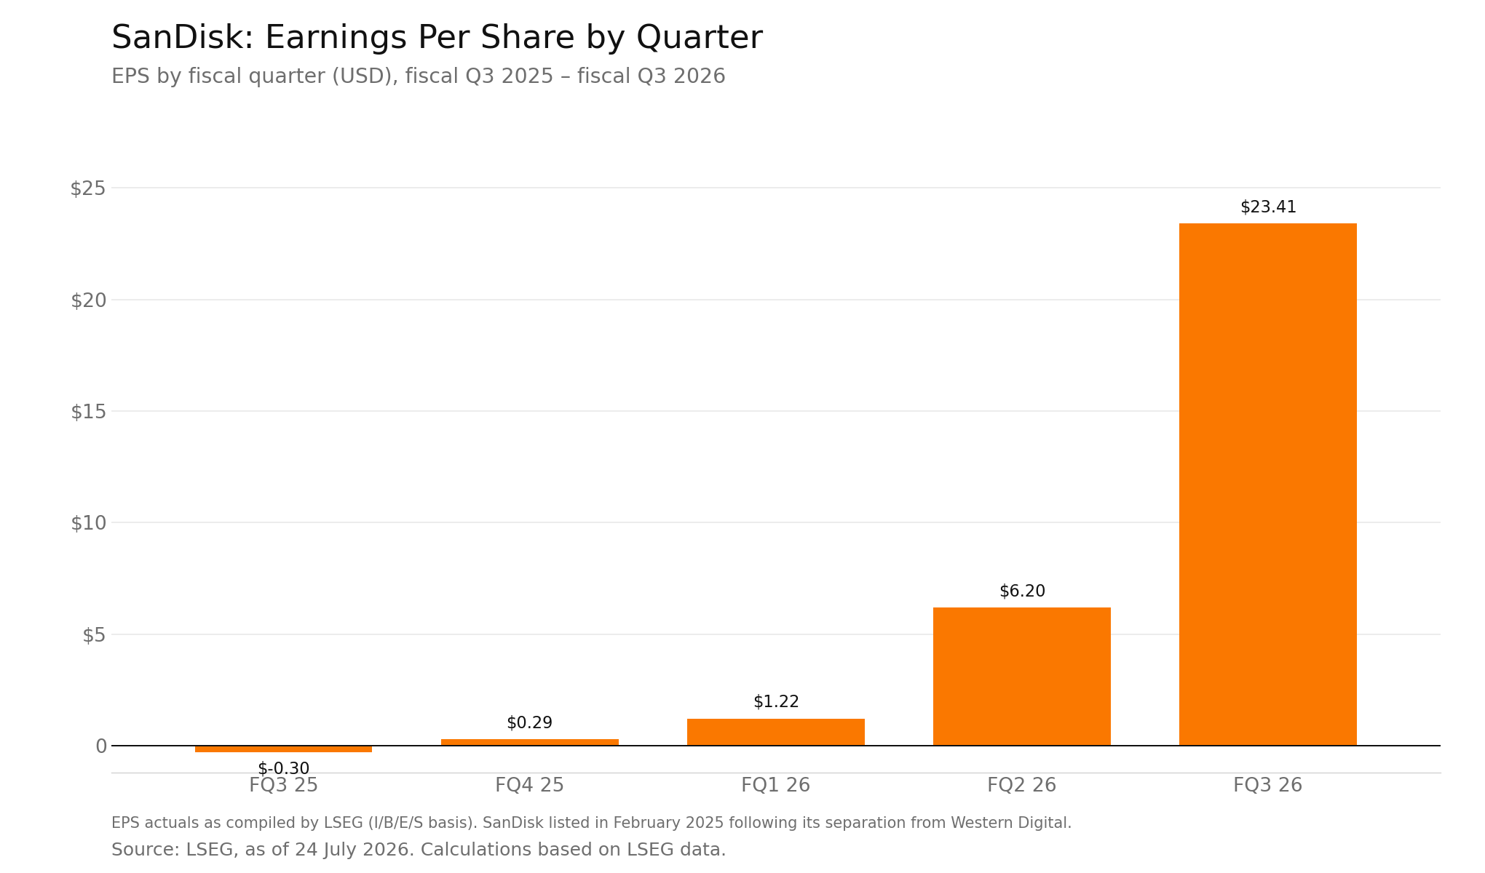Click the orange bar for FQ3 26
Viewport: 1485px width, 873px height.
click(x=1267, y=485)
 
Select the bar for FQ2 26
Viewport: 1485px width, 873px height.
click(x=1021, y=677)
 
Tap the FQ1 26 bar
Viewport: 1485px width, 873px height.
click(x=775, y=732)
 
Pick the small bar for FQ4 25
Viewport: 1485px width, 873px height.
click(x=529, y=742)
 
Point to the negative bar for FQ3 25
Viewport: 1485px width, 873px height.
click(x=283, y=749)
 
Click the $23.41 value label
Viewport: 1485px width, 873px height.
click(x=1268, y=207)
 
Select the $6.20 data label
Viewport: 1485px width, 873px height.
click(x=1022, y=591)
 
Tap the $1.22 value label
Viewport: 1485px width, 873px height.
click(x=776, y=702)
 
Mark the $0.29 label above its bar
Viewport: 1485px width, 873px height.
click(x=529, y=723)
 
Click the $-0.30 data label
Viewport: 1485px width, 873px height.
click(x=283, y=769)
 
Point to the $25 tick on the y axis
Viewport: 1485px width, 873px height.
click(x=88, y=188)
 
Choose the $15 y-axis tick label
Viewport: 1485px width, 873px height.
click(x=88, y=412)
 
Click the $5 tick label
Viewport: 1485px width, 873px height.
click(x=94, y=635)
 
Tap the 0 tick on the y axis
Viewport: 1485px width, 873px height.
click(x=101, y=746)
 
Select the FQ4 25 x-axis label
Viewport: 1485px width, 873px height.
click(x=529, y=786)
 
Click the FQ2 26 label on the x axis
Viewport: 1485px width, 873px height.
click(x=1021, y=786)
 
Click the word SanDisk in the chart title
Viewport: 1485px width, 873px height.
click(x=182, y=38)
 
